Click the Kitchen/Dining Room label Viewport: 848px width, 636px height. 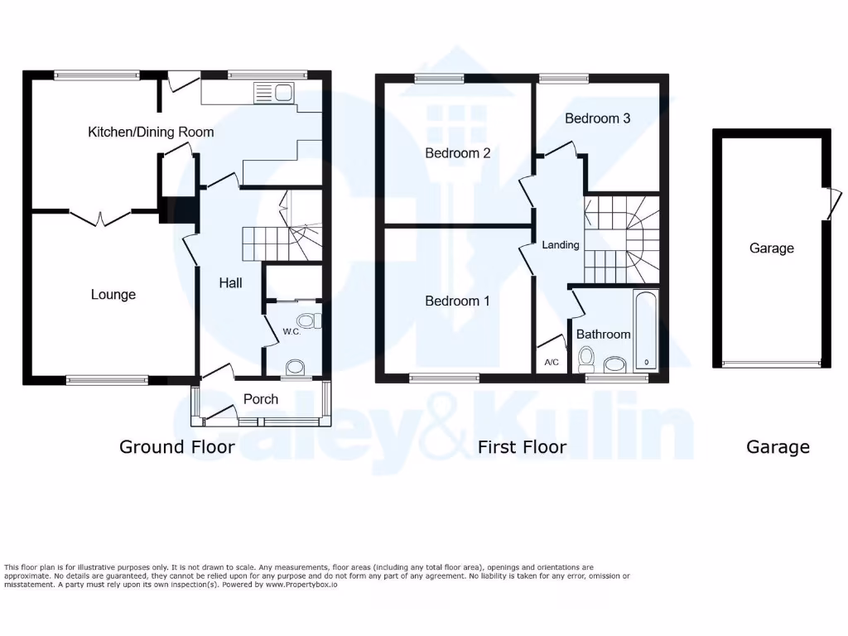[x=151, y=132]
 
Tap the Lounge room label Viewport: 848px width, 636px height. [x=113, y=295]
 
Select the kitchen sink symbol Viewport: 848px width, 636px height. [x=272, y=93]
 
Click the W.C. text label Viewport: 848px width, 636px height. [x=291, y=331]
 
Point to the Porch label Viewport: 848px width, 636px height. [x=261, y=399]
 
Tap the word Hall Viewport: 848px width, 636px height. [x=230, y=283]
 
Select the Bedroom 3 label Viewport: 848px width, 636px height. [x=597, y=118]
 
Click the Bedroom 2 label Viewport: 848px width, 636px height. [x=458, y=153]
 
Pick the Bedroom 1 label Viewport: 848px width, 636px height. [x=457, y=301]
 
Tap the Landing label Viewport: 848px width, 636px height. [x=561, y=245]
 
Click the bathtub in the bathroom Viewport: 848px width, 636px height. [x=645, y=330]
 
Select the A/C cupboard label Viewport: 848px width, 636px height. [x=552, y=363]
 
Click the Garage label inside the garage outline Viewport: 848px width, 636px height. [x=771, y=248]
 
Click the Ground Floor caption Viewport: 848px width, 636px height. [x=177, y=447]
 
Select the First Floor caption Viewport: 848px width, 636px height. [x=522, y=447]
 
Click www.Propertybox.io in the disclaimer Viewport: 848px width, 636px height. [x=302, y=585]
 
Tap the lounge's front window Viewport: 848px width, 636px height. [x=107, y=380]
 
